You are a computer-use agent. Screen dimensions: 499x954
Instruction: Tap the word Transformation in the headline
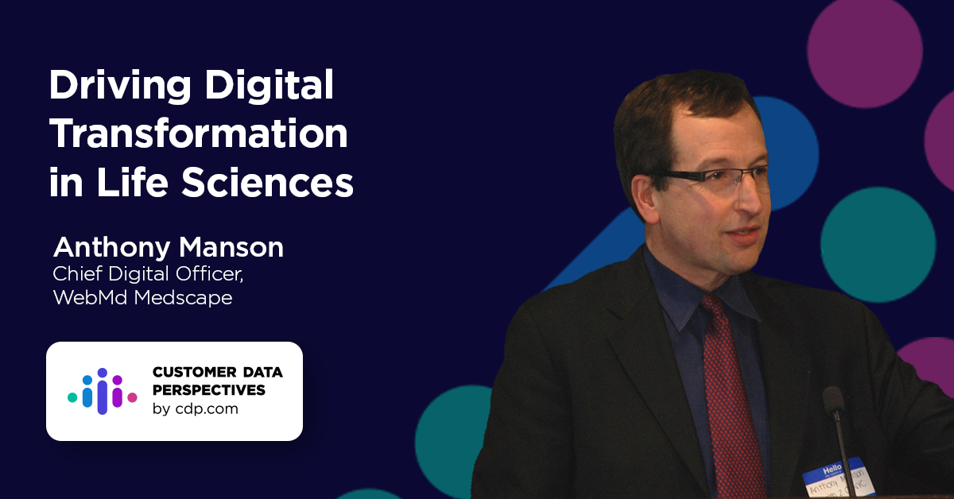[199, 135]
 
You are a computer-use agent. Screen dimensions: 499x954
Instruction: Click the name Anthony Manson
[168, 248]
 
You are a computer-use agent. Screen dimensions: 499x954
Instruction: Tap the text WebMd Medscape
[142, 299]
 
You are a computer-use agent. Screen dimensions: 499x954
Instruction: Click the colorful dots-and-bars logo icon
[102, 391]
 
